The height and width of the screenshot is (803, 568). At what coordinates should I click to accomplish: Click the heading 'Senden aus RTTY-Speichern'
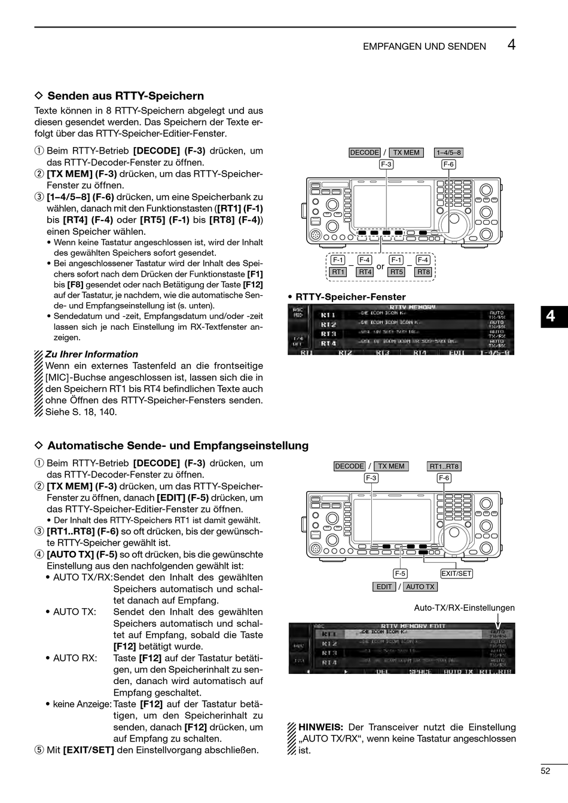click(126, 96)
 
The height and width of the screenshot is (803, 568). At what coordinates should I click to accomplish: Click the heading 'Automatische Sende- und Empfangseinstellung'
click(178, 445)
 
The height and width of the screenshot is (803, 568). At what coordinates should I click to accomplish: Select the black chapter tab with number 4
click(550, 316)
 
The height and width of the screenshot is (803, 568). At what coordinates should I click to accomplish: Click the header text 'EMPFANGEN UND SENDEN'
click(424, 47)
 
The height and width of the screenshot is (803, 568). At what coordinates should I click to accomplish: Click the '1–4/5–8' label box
click(449, 152)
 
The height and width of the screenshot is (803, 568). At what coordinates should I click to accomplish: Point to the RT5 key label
click(396, 272)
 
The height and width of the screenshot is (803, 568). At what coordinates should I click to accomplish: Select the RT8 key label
click(423, 272)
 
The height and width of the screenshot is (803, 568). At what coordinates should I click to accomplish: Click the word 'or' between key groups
click(380, 266)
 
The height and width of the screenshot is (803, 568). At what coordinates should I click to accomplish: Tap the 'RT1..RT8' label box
click(444, 467)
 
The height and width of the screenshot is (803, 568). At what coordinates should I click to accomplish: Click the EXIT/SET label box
click(456, 574)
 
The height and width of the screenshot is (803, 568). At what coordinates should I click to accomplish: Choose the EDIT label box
click(384, 587)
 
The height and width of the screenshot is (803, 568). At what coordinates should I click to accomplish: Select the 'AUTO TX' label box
click(420, 587)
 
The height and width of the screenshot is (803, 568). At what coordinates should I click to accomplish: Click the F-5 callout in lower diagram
click(401, 574)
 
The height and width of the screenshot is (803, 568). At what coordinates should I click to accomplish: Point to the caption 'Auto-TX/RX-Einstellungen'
click(465, 608)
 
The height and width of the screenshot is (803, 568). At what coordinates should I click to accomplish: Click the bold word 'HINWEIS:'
click(320, 727)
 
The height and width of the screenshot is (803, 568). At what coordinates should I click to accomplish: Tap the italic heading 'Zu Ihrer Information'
click(91, 354)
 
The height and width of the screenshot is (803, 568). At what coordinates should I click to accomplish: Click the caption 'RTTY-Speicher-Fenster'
click(350, 297)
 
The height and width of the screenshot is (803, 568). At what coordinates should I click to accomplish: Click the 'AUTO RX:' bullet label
click(75, 658)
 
